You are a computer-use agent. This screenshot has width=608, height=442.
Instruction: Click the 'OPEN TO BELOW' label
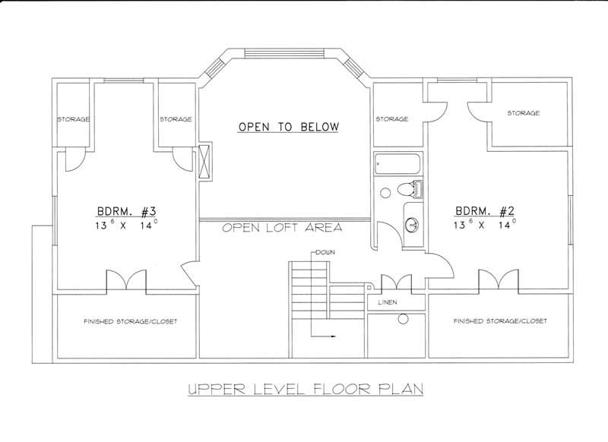coord(288,126)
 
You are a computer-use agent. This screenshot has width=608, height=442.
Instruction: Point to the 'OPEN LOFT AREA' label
coord(282,227)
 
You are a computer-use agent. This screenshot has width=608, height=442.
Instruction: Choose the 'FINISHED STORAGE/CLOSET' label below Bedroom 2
coord(500,321)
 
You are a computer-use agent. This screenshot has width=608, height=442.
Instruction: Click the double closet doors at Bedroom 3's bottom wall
coord(125,280)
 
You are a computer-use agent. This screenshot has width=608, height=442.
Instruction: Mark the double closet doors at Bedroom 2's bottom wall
coord(498,280)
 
